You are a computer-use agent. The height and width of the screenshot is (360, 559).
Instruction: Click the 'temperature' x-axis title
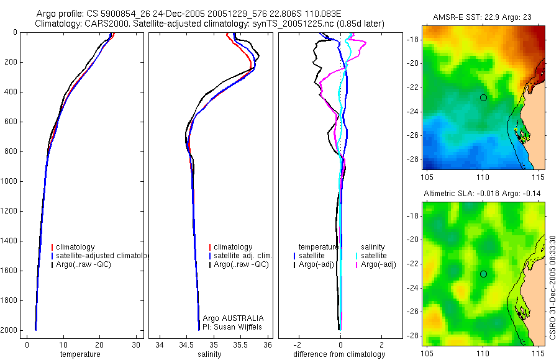click(x=80, y=354)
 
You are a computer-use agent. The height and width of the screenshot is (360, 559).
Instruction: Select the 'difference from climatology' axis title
click(x=339, y=354)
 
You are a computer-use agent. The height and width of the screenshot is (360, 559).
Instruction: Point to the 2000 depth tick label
click(x=9, y=330)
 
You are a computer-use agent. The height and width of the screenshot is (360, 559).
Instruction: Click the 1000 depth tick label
click(x=9, y=181)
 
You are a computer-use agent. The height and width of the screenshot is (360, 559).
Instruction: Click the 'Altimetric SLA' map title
click(x=482, y=194)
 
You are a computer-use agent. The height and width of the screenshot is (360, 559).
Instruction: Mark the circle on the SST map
click(x=483, y=97)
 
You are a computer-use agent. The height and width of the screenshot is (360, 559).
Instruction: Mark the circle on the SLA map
click(x=483, y=274)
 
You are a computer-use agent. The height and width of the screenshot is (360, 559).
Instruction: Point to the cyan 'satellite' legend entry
click(x=373, y=256)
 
